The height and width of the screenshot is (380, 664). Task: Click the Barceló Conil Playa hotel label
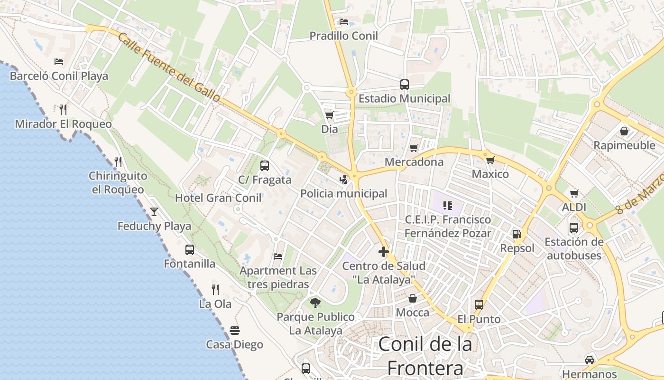coord(59,76)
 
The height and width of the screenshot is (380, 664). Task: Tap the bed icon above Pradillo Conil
coord(344,22)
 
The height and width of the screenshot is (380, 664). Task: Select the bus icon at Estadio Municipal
coord(404,85)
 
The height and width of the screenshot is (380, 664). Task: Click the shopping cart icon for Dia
coord(329,115)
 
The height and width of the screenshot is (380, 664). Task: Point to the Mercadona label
coord(414,162)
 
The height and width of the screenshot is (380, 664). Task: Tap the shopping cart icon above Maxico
coord(490,160)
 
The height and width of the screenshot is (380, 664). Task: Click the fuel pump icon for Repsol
coord(516,234)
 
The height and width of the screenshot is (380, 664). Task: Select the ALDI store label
coord(574,208)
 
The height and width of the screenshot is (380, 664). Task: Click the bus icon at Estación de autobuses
coord(574,228)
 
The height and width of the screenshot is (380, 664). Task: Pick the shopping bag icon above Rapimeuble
coord(624,131)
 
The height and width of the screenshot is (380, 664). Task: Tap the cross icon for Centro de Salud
coord(384,252)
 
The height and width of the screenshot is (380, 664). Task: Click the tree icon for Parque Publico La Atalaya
coord(315,303)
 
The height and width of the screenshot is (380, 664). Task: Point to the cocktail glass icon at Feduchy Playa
coord(154,212)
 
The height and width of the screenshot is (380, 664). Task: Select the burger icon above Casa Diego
coord(234,330)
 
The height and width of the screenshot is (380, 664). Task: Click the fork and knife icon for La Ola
coord(215,289)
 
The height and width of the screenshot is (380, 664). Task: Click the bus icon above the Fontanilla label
coord(190,249)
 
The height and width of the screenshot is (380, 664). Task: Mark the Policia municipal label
coord(344,194)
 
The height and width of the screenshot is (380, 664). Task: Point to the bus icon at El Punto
coord(479,305)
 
